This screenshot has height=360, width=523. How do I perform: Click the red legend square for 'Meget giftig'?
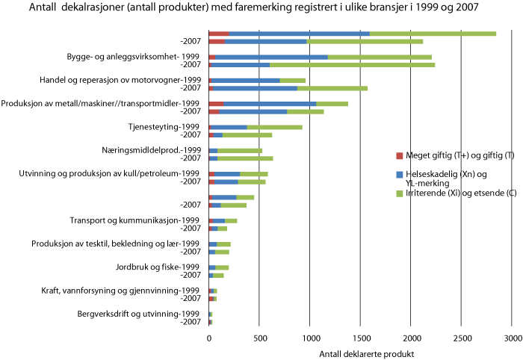(398, 156)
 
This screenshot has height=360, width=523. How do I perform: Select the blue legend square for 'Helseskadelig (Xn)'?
(398, 175)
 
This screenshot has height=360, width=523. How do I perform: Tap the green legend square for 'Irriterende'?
(398, 193)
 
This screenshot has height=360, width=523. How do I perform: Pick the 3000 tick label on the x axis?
(512, 338)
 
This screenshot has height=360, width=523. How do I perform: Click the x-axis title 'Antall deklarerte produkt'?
(365, 353)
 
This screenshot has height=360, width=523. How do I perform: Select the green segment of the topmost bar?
(433, 34)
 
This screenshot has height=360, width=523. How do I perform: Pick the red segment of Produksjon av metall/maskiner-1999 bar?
(217, 104)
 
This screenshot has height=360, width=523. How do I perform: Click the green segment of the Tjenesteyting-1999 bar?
(274, 127)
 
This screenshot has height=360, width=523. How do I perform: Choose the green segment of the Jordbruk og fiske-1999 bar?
(222, 267)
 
